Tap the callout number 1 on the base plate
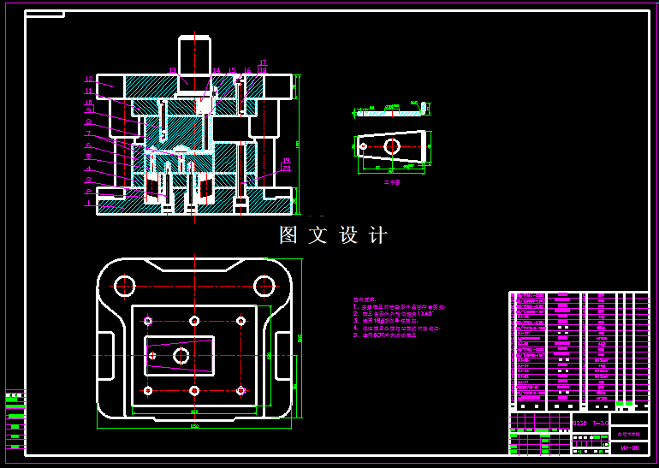tap(88, 203)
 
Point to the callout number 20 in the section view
tap(286, 169)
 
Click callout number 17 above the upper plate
tap(264, 62)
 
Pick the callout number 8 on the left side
tap(88, 122)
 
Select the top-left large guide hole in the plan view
tap(125, 285)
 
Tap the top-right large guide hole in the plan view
tap(266, 285)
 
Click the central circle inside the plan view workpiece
tap(181, 355)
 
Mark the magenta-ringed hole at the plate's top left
tap(148, 321)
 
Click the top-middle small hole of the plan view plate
tap(195, 321)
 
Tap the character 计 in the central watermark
tap(378, 235)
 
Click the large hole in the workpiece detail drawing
tap(392, 146)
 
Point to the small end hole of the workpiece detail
tap(364, 147)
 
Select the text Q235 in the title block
tap(579, 424)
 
